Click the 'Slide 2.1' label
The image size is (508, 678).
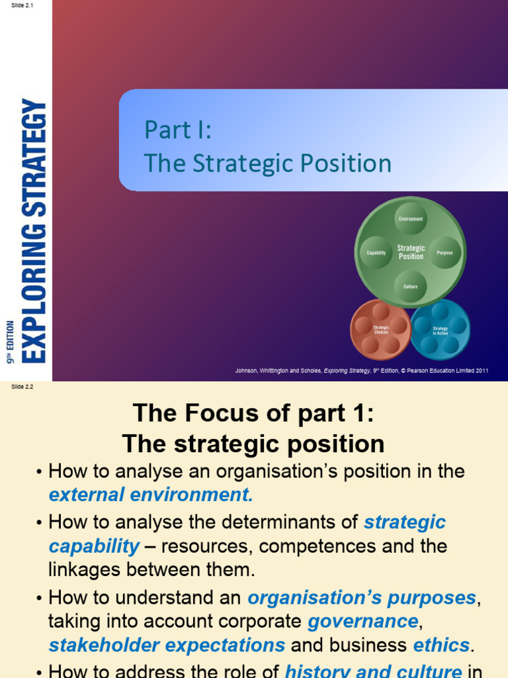point(22,5)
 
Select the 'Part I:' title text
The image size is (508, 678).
point(178,130)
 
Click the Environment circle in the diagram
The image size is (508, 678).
point(411,219)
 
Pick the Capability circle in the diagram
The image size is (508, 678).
point(376,252)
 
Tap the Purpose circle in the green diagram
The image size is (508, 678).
point(445,252)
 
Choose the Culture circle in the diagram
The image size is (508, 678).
point(411,287)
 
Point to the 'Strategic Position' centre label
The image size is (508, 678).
point(411,252)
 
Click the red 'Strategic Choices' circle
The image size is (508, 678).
point(380,328)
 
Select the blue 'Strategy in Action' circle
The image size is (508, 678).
point(441,329)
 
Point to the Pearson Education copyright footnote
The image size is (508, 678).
point(362,371)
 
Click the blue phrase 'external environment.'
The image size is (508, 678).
point(151,495)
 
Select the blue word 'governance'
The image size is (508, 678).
point(363,622)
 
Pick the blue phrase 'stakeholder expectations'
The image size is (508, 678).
point(167,645)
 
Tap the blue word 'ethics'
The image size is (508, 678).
point(441,645)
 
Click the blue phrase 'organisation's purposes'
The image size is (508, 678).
point(362,598)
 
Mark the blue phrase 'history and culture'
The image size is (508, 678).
point(373,670)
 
